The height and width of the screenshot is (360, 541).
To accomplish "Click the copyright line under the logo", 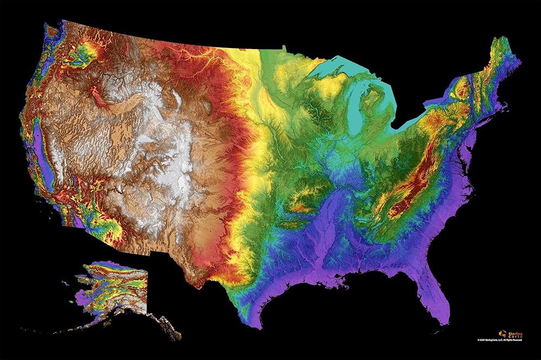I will click(x=500, y=340).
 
